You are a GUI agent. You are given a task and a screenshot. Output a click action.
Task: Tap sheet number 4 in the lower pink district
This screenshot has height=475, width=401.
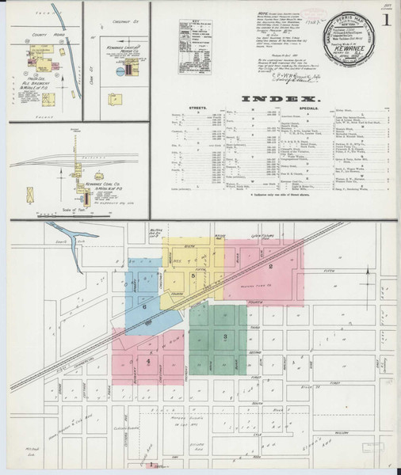pos(148,361)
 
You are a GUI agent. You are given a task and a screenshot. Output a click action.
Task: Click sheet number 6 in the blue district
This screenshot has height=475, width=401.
pos(144,306)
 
